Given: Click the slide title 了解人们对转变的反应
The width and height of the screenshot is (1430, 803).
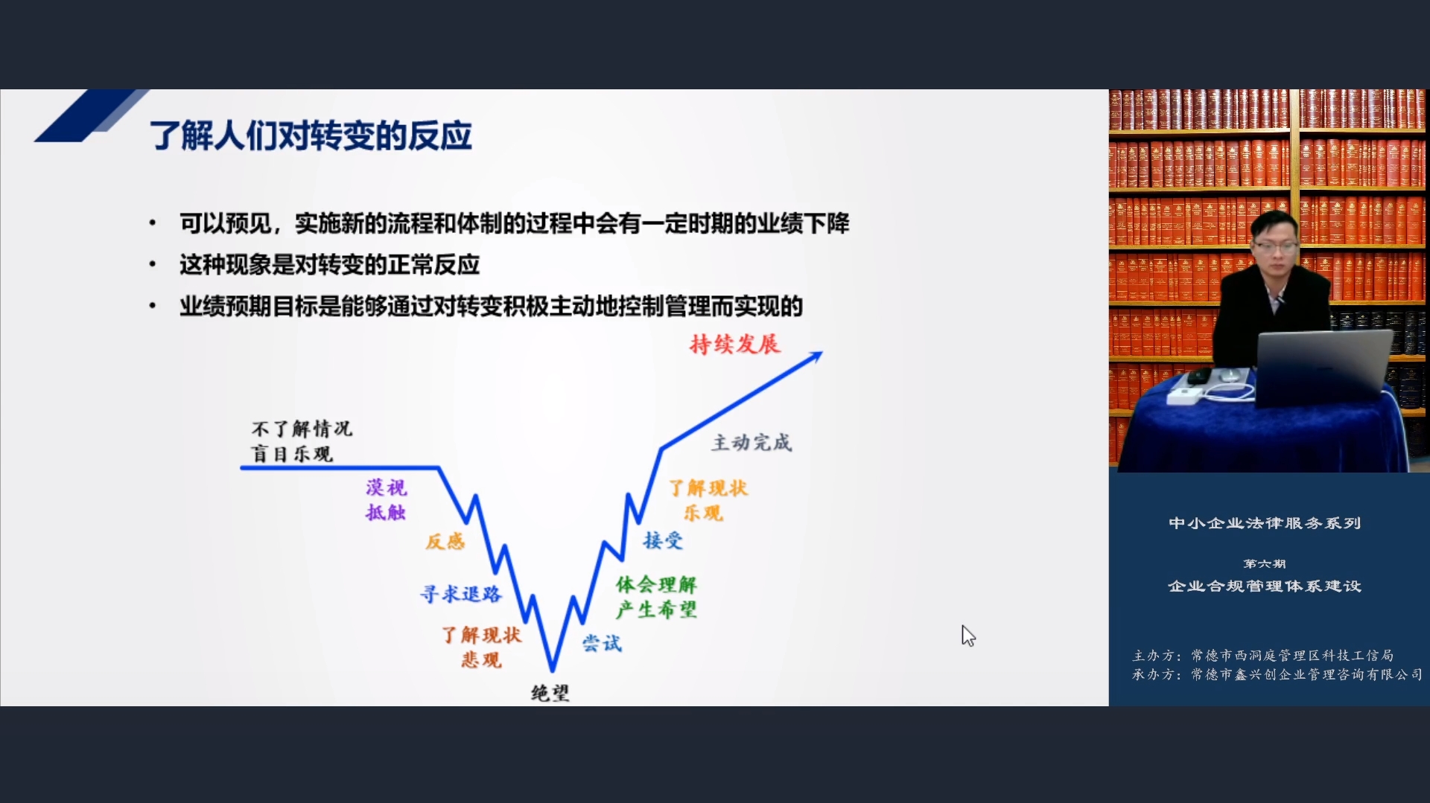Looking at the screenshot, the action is [311, 135].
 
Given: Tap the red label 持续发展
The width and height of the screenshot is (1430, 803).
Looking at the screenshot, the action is [734, 344].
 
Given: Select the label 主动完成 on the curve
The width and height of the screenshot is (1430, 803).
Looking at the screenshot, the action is [751, 442].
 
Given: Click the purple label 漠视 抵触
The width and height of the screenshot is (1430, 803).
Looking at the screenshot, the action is [386, 499].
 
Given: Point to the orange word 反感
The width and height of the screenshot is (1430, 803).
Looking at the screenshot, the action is [445, 541].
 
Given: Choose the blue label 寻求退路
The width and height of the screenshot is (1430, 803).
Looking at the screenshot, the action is [461, 594].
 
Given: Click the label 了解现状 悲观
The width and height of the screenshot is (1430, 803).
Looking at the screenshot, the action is [481, 647].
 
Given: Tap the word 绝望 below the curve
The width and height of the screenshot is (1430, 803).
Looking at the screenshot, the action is [550, 693].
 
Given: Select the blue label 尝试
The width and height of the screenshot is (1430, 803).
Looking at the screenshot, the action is [602, 643].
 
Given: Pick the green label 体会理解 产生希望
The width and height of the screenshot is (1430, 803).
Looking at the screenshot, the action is [656, 597].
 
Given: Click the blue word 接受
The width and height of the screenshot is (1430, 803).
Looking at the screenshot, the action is [663, 540].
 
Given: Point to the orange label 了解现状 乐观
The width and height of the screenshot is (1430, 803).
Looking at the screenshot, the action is [708, 500].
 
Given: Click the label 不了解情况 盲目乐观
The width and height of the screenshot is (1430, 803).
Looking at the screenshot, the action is [302, 441].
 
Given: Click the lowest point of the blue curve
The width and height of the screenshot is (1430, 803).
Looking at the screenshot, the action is [553, 669].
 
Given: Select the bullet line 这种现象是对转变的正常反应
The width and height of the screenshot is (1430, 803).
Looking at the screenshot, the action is [329, 264].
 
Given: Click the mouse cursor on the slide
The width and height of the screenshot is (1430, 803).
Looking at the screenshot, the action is [968, 636].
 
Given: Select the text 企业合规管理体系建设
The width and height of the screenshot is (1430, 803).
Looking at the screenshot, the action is [1265, 586].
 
